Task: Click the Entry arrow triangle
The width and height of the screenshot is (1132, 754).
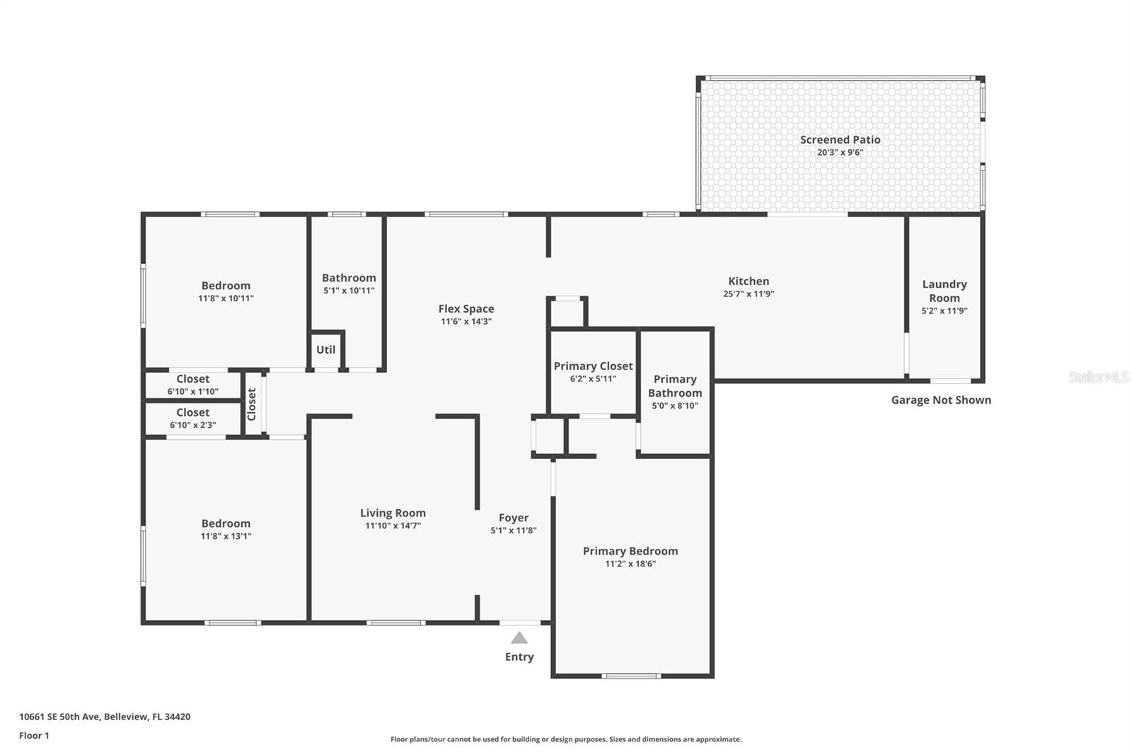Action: coord(519,638)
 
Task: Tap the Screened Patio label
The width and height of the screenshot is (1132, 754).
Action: coord(840,140)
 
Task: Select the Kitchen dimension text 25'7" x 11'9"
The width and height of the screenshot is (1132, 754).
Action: coord(749,294)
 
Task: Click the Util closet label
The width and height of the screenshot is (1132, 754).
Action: coord(326,350)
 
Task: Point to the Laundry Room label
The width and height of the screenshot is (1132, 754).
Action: coord(944,291)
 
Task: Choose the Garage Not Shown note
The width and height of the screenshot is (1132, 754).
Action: coord(940,400)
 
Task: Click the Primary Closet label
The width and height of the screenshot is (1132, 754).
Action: coord(593,366)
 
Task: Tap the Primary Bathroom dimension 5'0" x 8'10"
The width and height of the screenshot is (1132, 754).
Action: coord(674,406)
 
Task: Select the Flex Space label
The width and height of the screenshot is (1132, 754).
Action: coord(466,309)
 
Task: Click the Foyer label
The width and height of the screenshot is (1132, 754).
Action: coord(513,518)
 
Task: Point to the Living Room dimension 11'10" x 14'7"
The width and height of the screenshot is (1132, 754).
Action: coord(393,526)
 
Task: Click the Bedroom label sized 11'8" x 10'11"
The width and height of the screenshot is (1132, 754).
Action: coord(226,286)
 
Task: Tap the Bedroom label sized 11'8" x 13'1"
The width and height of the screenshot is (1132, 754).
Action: coord(226,524)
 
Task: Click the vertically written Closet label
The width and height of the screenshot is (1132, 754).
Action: coord(252,405)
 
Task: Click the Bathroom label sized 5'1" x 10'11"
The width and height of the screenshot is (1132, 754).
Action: coord(349,278)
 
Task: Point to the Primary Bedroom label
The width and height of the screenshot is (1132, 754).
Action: coord(630,551)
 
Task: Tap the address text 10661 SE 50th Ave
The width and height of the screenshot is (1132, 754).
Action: coord(59,717)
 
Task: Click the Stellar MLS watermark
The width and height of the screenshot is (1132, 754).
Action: coord(1098,378)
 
